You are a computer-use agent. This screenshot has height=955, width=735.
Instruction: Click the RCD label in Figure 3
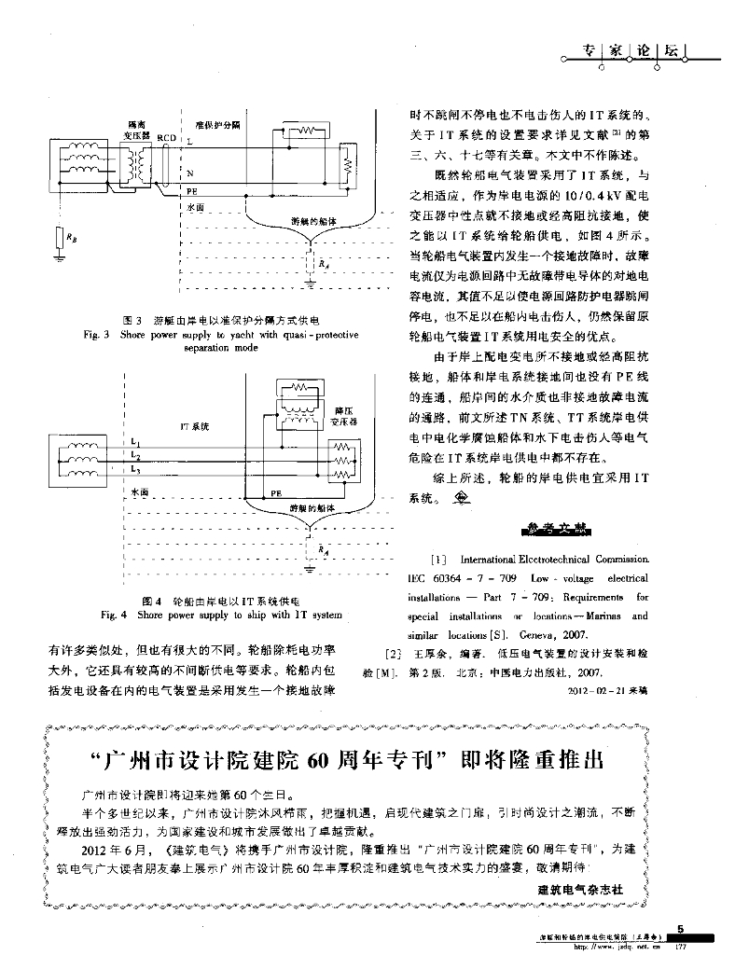tap(167, 138)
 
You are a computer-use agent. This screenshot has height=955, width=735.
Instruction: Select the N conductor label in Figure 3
tap(190, 173)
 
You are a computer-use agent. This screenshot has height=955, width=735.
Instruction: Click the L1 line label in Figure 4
tap(136, 441)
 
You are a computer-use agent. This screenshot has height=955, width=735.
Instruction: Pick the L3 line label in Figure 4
tap(136, 470)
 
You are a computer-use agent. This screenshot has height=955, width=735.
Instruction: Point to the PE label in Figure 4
tap(276, 490)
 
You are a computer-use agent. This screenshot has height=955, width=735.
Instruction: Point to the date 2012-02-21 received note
tap(606, 691)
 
